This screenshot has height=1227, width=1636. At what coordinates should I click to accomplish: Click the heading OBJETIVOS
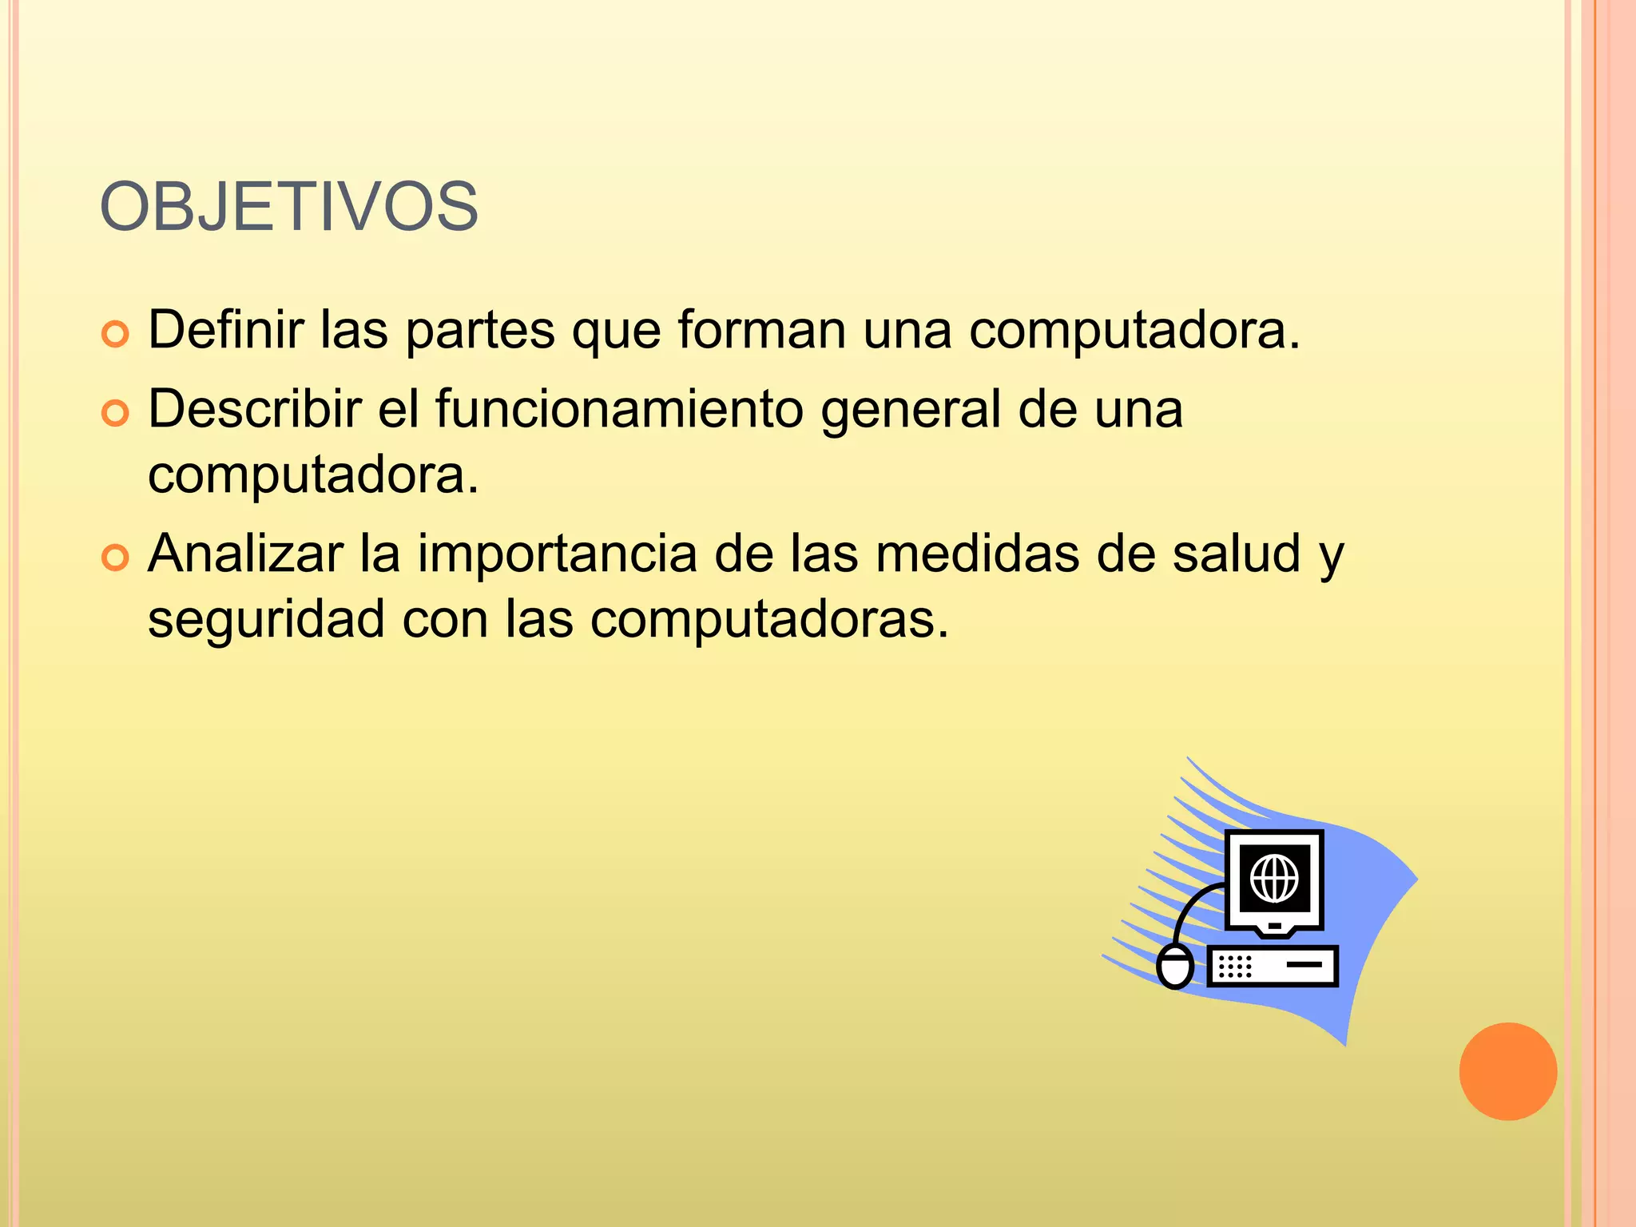(x=288, y=207)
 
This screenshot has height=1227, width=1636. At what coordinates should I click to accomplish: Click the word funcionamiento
(x=619, y=409)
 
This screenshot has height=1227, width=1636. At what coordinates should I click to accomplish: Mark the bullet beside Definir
(x=116, y=335)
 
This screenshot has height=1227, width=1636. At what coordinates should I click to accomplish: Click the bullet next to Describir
(x=116, y=414)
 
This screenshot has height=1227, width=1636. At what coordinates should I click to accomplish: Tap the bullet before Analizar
(x=116, y=558)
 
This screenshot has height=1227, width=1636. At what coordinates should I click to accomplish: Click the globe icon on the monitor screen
(x=1274, y=878)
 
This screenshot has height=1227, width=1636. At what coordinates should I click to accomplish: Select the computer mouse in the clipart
(x=1175, y=966)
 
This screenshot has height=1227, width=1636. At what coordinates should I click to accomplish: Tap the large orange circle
(x=1507, y=1071)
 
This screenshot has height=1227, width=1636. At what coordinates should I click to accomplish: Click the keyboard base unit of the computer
(x=1272, y=967)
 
